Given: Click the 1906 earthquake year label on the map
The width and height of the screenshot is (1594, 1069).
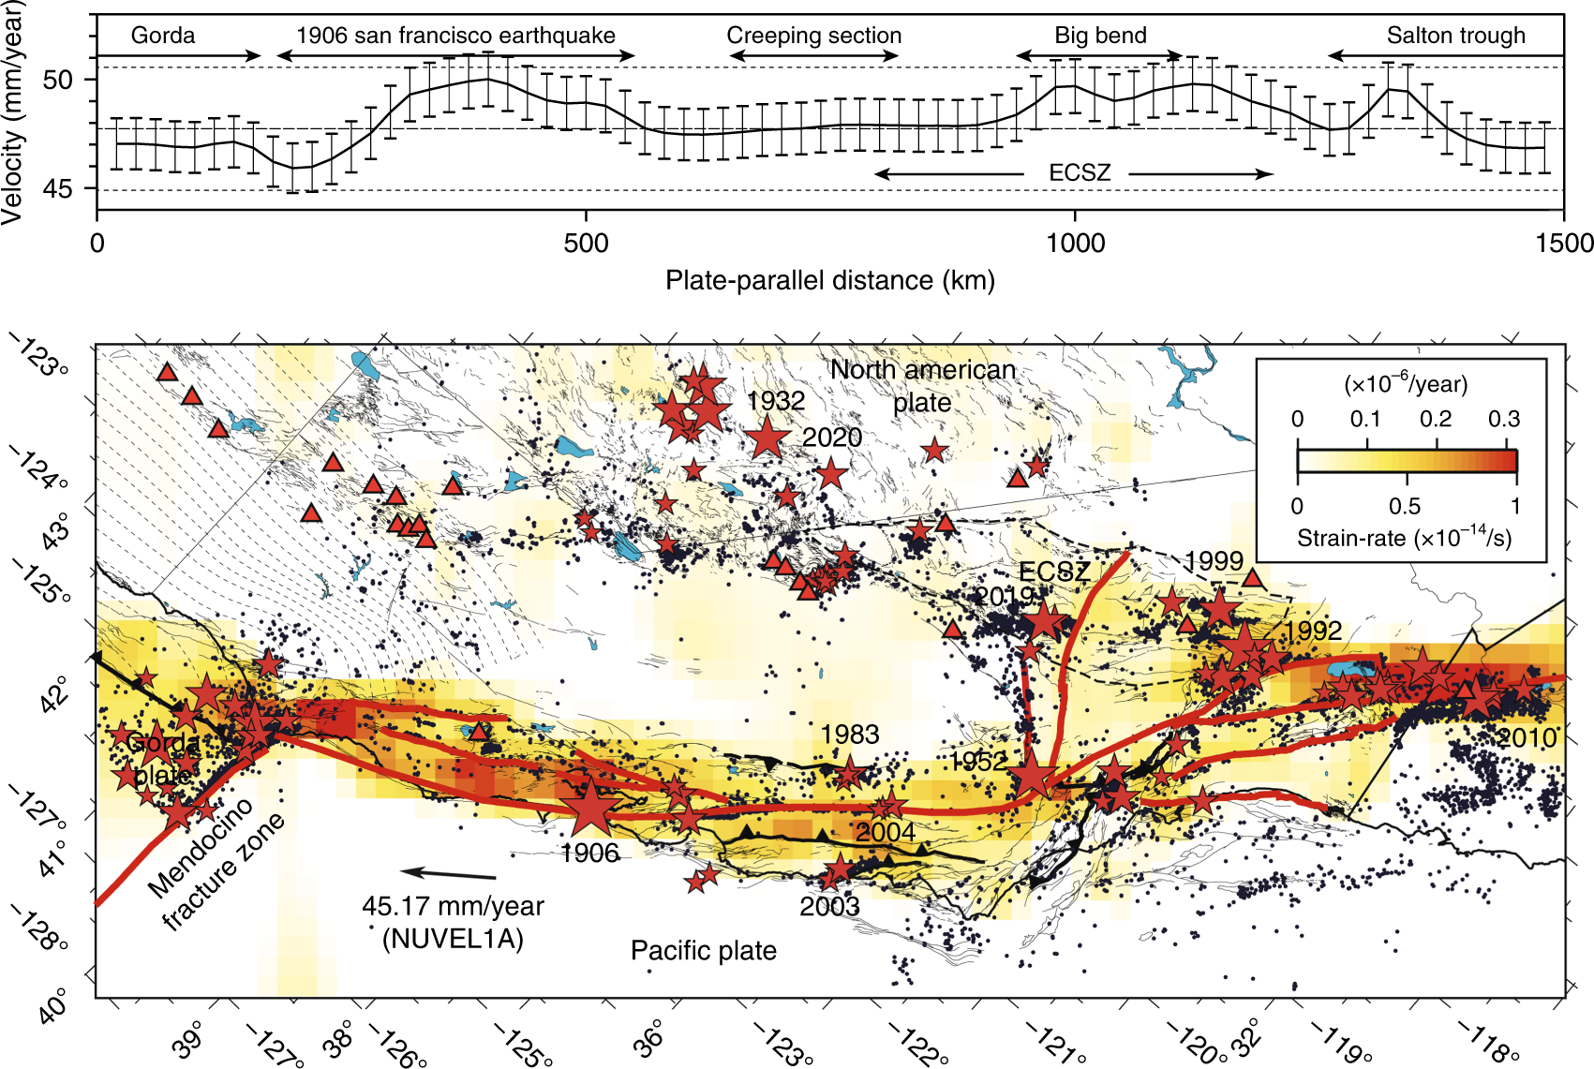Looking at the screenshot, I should pyautogui.click(x=589, y=853).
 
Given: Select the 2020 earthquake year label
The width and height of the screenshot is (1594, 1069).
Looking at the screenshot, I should pyautogui.click(x=832, y=438).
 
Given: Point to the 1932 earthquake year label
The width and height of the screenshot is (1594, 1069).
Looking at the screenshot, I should pyautogui.click(x=776, y=401).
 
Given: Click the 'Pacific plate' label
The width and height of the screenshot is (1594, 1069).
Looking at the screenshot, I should pyautogui.click(x=704, y=951).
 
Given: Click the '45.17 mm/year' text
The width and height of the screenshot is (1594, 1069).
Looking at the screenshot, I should pyautogui.click(x=453, y=907).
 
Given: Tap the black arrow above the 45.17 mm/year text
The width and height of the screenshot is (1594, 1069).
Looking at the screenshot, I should pyautogui.click(x=450, y=874).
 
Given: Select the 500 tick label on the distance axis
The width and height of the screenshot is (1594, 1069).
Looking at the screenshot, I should pyautogui.click(x=586, y=244).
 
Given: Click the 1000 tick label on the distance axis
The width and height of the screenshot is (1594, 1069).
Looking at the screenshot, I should pyautogui.click(x=1075, y=244).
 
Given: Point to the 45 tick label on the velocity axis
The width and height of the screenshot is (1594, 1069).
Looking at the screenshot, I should pyautogui.click(x=57, y=189).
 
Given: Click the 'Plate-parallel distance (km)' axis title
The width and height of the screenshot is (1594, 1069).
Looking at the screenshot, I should pyautogui.click(x=830, y=280).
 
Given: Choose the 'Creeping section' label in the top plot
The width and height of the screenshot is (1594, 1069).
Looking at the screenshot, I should pyautogui.click(x=814, y=36).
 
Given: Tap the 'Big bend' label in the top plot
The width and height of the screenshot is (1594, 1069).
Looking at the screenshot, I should pyautogui.click(x=1100, y=36).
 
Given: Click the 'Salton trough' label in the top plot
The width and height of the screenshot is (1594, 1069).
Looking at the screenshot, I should pyautogui.click(x=1455, y=36).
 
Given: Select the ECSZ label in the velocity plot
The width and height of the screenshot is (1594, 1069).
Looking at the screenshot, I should pyautogui.click(x=1080, y=173).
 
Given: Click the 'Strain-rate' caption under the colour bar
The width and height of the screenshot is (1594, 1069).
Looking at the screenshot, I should pyautogui.click(x=1403, y=539).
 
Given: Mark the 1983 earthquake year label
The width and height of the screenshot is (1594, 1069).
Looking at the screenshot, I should pyautogui.click(x=850, y=735).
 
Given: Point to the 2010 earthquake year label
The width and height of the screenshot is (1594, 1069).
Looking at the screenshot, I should pyautogui.click(x=1527, y=738).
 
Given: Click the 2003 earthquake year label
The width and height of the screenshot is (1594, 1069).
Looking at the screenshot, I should pyautogui.click(x=829, y=906).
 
